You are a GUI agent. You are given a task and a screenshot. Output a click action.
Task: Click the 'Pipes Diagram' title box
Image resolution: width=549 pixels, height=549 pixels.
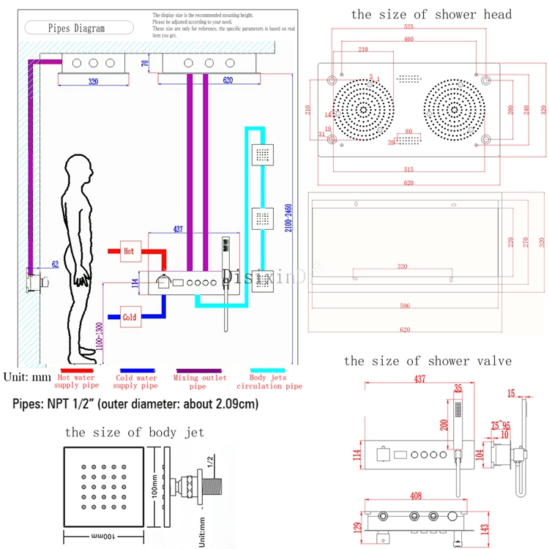coord(76,29)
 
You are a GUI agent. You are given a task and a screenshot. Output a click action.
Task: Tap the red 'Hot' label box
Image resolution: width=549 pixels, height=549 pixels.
coord(129,251)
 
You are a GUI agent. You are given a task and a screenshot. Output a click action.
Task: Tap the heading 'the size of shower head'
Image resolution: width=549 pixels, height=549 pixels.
coord(431,14)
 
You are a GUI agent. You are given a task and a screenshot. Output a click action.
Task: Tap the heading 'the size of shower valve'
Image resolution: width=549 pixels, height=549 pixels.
coord(427,360)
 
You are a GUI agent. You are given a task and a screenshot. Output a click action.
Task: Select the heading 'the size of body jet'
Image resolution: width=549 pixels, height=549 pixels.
coord(134,432)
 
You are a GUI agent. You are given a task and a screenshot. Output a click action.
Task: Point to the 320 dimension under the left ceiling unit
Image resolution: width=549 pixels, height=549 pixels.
coord(93,82)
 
